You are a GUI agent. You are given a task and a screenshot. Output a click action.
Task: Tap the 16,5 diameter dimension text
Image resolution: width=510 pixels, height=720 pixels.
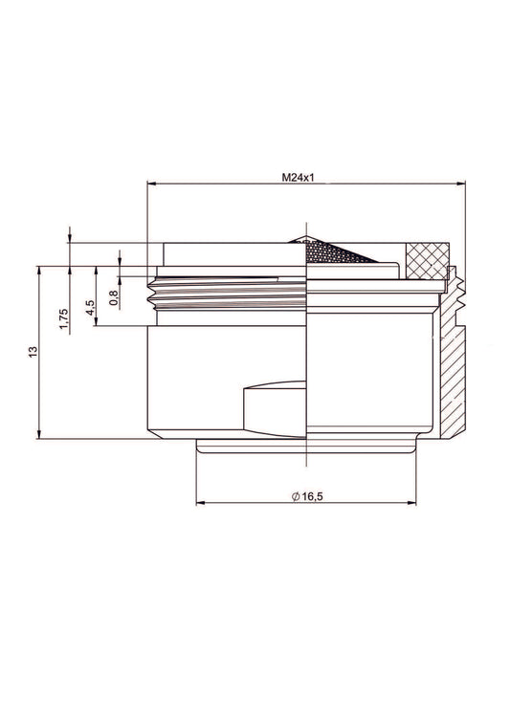(312, 496)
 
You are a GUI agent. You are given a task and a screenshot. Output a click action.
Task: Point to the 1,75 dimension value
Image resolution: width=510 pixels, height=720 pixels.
(64, 317)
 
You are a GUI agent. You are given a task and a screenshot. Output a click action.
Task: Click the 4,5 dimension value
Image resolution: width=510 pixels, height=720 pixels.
(90, 308)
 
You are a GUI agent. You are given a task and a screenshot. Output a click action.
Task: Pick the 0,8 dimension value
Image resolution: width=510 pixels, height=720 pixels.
(114, 297)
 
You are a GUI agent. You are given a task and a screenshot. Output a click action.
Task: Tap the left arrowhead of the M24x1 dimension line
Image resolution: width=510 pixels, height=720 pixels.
(151, 186)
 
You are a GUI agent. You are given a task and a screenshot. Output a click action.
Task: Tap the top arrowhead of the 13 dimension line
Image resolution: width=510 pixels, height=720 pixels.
(38, 269)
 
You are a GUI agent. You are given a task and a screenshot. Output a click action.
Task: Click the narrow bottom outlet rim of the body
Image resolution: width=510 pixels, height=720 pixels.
(306, 447)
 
